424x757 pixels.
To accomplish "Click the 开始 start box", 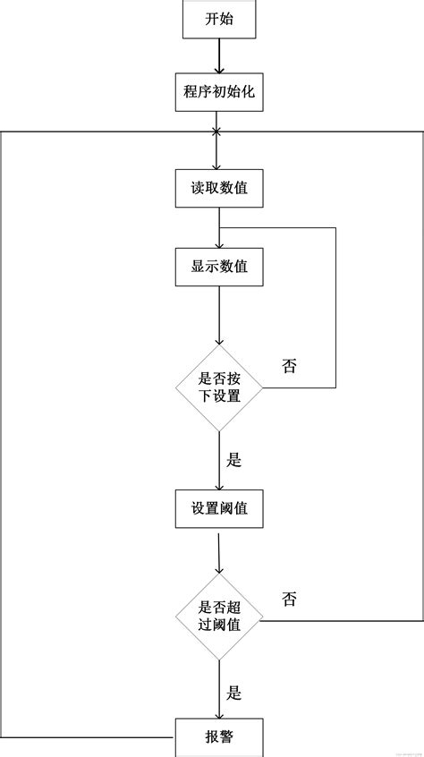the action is (219, 19).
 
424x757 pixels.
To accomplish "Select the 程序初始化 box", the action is (219, 92).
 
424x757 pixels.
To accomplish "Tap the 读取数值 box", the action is (219, 188).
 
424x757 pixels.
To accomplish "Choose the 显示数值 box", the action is (219, 267).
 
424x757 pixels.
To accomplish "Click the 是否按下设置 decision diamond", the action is (219, 387).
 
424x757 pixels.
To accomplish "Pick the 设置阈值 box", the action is (219, 509).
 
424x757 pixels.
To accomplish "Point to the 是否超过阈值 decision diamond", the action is (219, 617).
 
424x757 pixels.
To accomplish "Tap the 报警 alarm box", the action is (219, 737).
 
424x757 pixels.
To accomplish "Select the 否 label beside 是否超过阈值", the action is (289, 600).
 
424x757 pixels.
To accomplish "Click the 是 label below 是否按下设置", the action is (234, 461).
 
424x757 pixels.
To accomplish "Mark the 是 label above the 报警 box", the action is (234, 693).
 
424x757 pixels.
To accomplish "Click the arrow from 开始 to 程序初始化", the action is (219, 56).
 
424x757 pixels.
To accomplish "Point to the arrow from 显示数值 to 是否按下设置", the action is (219, 315).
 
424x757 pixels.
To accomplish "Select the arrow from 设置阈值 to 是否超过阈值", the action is (219, 553).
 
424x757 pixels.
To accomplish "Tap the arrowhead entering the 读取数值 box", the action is (219, 166).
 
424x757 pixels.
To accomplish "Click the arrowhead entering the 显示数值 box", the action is (219, 244).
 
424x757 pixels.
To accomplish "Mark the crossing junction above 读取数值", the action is (216, 131).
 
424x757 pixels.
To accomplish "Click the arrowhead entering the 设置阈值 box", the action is (219, 486).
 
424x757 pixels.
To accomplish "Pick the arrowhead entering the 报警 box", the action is (219, 715).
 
